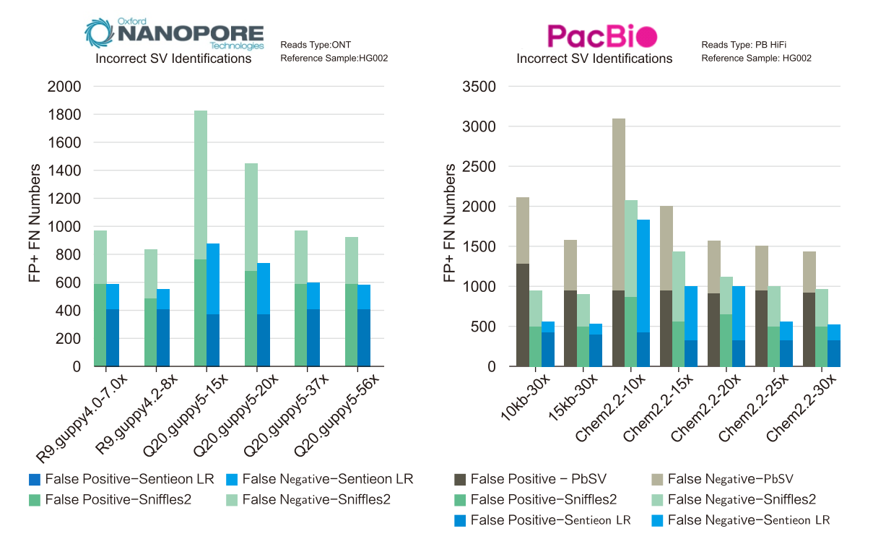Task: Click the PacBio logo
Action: pos(601,35)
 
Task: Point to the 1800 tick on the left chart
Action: pos(65,115)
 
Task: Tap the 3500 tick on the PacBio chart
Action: pos(479,87)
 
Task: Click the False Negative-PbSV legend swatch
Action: pos(657,479)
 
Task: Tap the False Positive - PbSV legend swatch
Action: pos(459,479)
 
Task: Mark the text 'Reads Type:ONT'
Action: pos(316,45)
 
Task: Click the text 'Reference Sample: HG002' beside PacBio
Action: pos(756,58)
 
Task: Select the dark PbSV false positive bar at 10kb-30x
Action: pos(523,315)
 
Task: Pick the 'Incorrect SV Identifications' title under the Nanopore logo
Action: pos(173,59)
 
